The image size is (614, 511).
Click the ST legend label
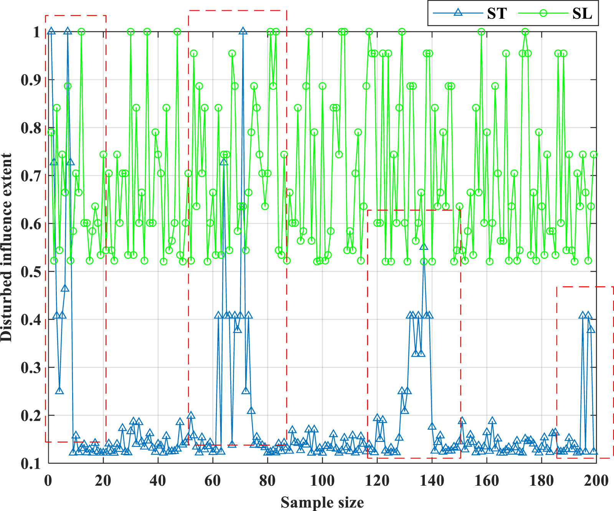(x=497, y=13)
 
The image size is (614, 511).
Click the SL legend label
(x=582, y=13)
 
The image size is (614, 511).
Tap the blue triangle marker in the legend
(x=457, y=13)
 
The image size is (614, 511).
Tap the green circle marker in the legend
(x=543, y=13)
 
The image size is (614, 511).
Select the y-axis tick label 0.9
(x=31, y=80)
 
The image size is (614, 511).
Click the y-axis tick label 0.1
(x=31, y=464)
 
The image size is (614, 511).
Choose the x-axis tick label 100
(x=322, y=481)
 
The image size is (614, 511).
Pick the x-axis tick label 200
(x=596, y=481)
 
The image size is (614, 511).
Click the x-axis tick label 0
(x=48, y=481)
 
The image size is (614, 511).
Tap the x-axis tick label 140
(x=432, y=481)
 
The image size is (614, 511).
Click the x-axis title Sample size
(x=322, y=502)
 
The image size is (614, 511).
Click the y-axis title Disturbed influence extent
(x=7, y=247)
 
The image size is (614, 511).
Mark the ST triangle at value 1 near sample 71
(x=243, y=31)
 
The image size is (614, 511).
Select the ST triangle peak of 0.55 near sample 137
(x=424, y=247)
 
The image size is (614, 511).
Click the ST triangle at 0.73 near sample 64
(x=224, y=162)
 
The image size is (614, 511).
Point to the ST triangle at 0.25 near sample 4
(x=59, y=391)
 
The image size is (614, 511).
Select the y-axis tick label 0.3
(x=31, y=368)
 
